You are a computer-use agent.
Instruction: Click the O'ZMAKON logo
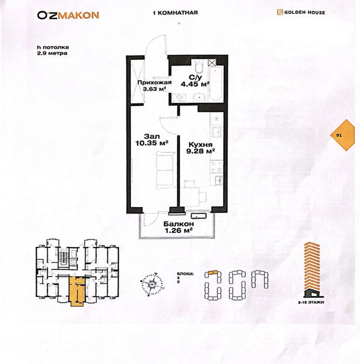[x=68, y=15]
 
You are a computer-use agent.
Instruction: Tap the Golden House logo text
[x=304, y=12]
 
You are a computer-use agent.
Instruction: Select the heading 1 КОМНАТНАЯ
[x=175, y=13]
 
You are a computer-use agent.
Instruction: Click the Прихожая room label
[x=154, y=83]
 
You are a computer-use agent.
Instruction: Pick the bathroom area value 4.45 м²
[x=195, y=84]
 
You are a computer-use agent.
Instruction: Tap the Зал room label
[x=152, y=136]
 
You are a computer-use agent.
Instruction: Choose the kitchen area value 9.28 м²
[x=201, y=151]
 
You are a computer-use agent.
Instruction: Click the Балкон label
[x=179, y=224]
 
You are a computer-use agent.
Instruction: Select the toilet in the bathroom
[x=199, y=66]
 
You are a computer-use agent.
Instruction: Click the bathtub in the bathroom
[x=216, y=83]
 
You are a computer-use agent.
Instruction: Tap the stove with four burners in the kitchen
[x=217, y=166]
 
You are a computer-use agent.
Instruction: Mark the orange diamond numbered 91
[x=343, y=135]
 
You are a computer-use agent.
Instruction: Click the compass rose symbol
[x=152, y=284]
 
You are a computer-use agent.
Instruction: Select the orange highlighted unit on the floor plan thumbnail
[x=77, y=291]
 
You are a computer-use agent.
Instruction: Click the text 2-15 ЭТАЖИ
[x=311, y=302]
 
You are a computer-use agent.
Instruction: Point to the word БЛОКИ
[x=185, y=274]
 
